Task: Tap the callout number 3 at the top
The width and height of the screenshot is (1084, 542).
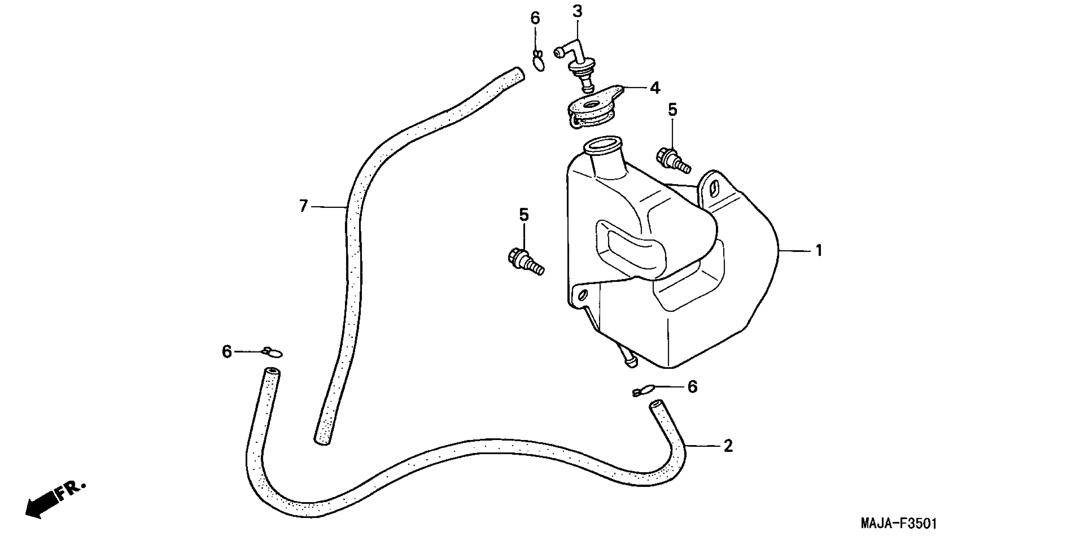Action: [x=577, y=12]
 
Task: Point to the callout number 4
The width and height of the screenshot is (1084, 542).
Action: [x=655, y=88]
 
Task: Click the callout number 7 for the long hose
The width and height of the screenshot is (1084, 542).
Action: [x=303, y=206]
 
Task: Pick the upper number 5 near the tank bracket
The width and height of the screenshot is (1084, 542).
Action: [x=672, y=110]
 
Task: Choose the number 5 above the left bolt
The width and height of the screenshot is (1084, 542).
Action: [x=523, y=215]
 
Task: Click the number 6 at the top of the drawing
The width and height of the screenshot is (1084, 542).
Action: [x=535, y=18]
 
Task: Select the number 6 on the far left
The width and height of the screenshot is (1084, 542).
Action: [x=227, y=351]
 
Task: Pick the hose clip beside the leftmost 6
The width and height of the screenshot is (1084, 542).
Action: [x=272, y=352]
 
